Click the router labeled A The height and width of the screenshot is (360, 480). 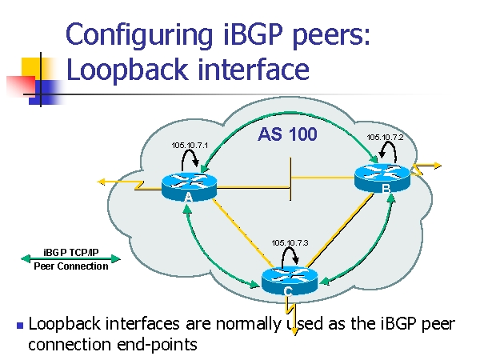(189, 186)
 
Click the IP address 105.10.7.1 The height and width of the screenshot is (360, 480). (190, 145)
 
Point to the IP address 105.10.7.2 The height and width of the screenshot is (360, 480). (385, 138)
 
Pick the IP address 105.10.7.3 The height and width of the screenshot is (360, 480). (290, 242)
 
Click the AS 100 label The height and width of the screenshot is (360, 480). (287, 134)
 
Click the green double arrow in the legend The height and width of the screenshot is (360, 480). (71, 258)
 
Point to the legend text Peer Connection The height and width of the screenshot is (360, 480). (71, 266)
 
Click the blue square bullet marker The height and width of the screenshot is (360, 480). (19, 326)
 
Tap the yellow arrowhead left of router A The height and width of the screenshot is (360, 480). (101, 182)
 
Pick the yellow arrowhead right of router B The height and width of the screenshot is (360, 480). (436, 166)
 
